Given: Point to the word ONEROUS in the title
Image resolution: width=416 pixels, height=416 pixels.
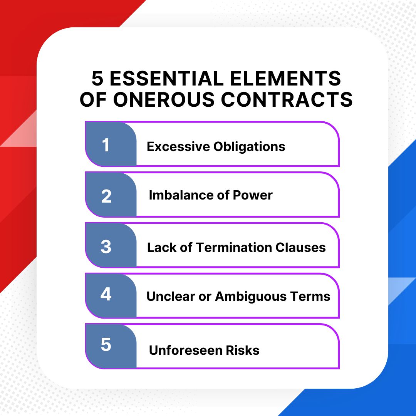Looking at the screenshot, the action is pos(164,99).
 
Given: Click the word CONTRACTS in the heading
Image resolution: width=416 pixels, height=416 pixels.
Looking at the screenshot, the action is pos(287,99).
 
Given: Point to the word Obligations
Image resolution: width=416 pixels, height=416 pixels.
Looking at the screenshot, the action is pos(249,147).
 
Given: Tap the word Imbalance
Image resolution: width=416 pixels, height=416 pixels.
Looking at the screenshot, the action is pos(181,195).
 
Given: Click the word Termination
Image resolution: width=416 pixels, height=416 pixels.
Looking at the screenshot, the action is pos(234,247).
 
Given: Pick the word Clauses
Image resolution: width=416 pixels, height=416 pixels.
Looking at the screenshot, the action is pos(300,247).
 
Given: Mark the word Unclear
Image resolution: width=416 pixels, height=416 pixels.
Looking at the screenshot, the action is pos(171,296).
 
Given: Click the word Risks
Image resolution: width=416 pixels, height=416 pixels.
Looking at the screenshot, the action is pos(243,350).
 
